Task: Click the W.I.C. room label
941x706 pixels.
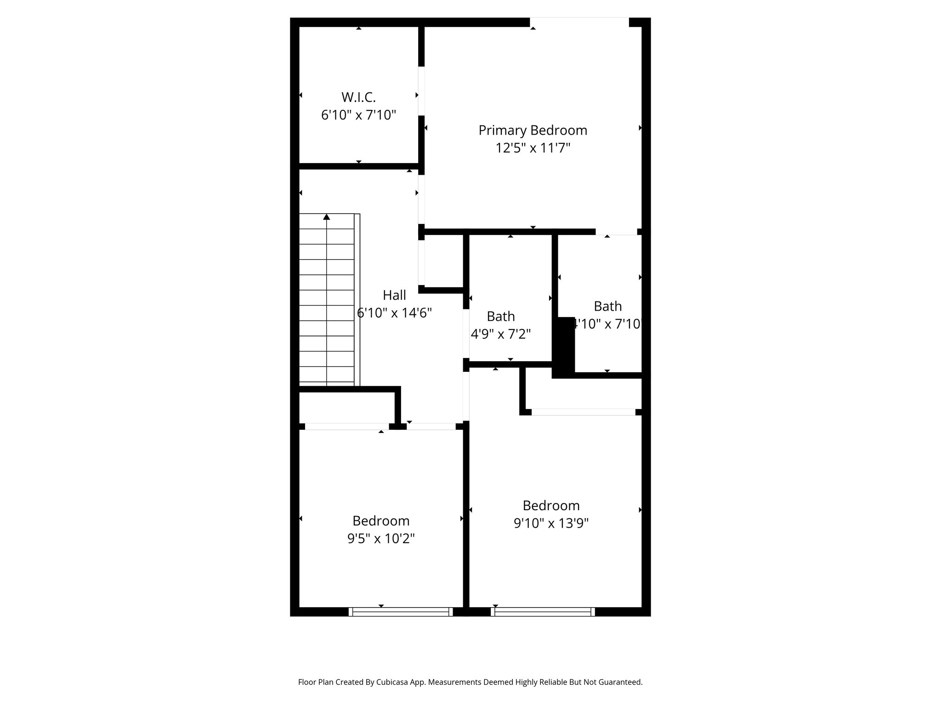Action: point(358,97)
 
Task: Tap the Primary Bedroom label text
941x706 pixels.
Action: point(533,131)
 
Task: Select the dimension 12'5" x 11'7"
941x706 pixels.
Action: point(533,148)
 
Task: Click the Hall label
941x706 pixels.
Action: point(394,295)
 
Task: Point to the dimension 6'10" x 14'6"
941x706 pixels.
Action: point(394,313)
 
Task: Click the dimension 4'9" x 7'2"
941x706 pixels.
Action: point(501,334)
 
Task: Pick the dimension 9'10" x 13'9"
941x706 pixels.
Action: point(551,523)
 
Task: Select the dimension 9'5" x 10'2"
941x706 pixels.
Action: point(381,538)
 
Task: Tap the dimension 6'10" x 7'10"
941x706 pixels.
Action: point(358,115)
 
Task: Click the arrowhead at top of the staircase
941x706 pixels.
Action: point(327,216)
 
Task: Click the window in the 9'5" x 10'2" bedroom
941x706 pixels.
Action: point(401,612)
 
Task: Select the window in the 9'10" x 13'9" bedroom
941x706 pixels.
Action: point(543,612)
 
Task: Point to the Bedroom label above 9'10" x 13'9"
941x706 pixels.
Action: point(551,506)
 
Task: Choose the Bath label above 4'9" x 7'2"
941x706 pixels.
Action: point(501,316)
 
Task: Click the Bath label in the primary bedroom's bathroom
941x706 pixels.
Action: point(607,306)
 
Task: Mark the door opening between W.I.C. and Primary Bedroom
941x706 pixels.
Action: point(421,91)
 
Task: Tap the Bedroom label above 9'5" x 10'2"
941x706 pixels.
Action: point(381,521)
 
